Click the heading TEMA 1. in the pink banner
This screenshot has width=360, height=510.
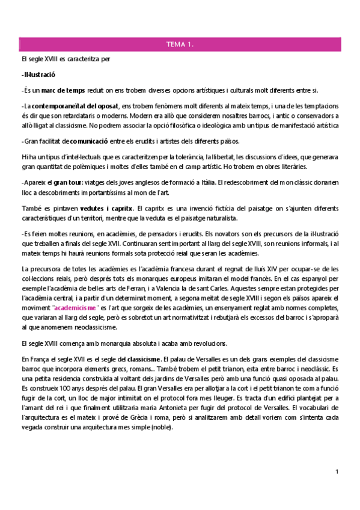point(180,45)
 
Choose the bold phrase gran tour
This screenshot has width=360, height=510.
point(69,182)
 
